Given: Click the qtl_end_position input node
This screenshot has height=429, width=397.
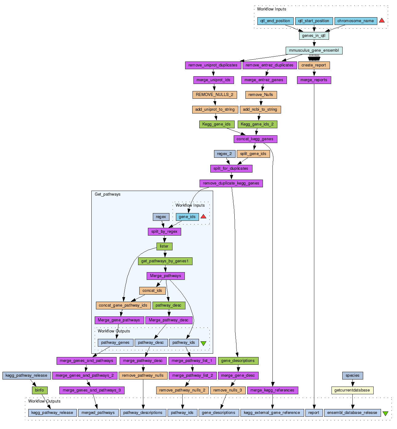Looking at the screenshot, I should point(275,21).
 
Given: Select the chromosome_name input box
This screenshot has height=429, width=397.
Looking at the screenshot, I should point(355,21).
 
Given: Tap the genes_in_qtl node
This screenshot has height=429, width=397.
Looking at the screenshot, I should point(314,36).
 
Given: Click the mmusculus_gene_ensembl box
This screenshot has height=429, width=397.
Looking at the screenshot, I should point(314,50).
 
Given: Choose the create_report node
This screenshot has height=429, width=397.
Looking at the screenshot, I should point(314,65).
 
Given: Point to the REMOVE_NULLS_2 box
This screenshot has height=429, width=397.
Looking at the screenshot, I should point(214,95).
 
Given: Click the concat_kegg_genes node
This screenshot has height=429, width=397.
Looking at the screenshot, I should point(255,139).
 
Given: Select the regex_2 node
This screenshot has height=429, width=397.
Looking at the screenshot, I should point(224,154).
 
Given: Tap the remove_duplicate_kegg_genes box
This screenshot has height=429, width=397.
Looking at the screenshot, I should point(231,183).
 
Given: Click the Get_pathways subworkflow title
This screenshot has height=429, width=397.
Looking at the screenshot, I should point(108,194).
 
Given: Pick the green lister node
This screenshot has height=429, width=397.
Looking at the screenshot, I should point(164,246).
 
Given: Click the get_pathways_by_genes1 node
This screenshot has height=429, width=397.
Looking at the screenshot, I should point(165,261).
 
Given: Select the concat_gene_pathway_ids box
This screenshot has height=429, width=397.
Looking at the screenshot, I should point(123,305).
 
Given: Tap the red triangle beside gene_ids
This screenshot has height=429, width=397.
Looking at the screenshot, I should point(203,216).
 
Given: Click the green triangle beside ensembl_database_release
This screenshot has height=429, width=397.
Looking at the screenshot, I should point(385,414).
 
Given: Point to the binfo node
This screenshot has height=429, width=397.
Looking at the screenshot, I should point(39,390).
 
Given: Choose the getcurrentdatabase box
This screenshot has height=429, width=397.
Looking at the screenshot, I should point(352,390).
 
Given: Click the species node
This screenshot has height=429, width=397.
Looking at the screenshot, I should point(352,375).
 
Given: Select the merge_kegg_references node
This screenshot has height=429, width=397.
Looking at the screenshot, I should point(272,390).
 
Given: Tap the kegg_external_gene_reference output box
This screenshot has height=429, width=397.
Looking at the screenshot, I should point(272,413).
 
